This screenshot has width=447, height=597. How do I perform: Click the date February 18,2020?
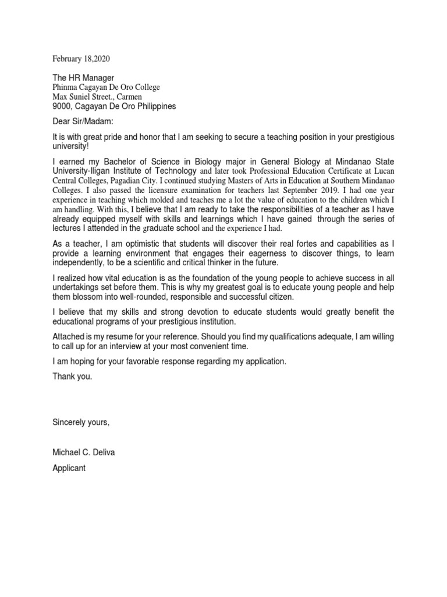81,59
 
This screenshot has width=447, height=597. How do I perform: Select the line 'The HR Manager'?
83,78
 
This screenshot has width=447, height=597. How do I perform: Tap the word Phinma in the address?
66,87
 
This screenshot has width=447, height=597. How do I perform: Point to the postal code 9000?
62,106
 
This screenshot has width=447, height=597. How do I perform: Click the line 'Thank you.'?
72,376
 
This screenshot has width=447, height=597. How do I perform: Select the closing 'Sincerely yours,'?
81,422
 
